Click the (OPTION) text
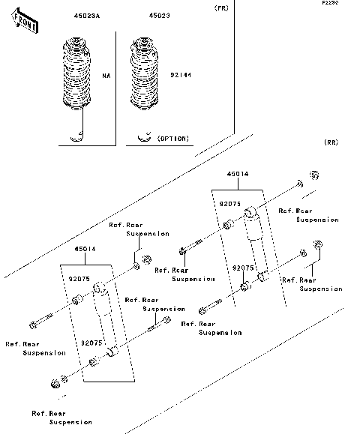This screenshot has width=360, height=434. (174, 139)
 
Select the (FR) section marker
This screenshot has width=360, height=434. (221, 8)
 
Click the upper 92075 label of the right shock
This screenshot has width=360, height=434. (230, 202)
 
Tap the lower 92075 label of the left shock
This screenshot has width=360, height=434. (92, 342)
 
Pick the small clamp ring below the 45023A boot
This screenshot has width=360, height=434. (76, 136)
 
